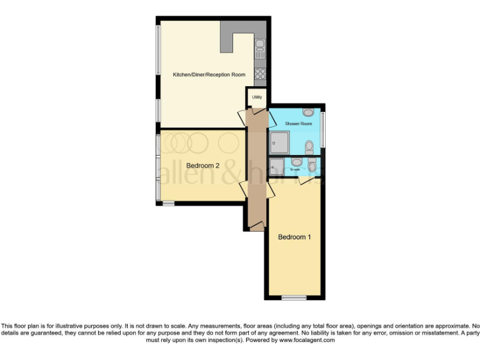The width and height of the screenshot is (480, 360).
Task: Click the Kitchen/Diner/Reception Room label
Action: click(x=209, y=74)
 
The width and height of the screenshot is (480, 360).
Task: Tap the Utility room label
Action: click(x=256, y=97)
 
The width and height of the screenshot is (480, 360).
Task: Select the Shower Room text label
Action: click(x=298, y=124)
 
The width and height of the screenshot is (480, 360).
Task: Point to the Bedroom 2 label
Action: click(x=202, y=166)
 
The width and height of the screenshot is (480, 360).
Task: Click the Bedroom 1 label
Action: click(x=294, y=237)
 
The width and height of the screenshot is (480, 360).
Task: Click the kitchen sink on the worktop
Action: click(x=260, y=45)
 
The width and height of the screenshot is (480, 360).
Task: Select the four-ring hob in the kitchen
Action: click(x=260, y=73)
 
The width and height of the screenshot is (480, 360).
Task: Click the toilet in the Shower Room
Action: click(x=309, y=147)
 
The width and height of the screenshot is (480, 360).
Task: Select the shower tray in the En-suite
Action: click(x=277, y=166)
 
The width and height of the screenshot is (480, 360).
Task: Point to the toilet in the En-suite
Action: click(x=312, y=166)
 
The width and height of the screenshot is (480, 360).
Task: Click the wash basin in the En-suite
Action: click(x=296, y=162)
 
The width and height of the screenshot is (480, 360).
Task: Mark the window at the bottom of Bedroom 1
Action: click(x=294, y=297)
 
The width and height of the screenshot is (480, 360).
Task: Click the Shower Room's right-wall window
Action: click(x=323, y=129)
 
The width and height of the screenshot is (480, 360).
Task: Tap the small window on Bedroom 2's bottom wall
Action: click(x=168, y=203)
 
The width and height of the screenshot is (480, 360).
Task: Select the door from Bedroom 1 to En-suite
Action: click(x=304, y=180)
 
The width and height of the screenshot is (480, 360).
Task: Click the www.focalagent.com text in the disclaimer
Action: click(x=307, y=341)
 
